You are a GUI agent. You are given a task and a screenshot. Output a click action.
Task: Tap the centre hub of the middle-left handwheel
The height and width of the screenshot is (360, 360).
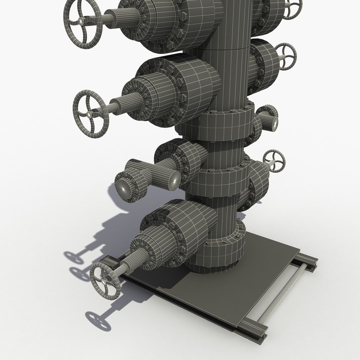(x=90, y=114)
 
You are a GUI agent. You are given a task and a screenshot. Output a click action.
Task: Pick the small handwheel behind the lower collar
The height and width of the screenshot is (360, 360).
(x=274, y=161)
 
